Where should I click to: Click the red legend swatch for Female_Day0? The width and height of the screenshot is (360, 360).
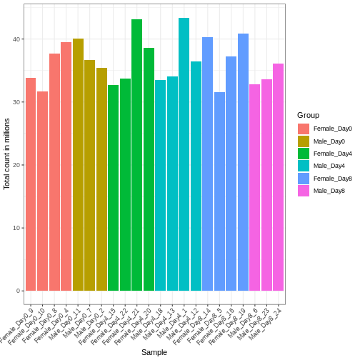tap(304, 129)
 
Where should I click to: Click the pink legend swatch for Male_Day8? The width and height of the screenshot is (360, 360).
tap(304, 191)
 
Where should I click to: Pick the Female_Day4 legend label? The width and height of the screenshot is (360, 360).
tap(332, 154)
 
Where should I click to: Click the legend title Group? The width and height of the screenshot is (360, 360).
tap(308, 115)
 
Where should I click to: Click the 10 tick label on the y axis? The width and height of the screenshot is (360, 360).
tap(17, 228)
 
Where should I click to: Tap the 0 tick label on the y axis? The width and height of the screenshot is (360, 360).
tap(19, 291)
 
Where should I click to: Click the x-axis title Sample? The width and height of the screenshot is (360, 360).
tap(154, 352)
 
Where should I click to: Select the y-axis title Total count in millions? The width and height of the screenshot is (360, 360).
tap(7, 154)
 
